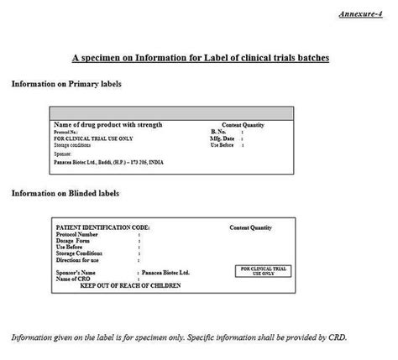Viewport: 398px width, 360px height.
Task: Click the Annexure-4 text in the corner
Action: pyautogui.click(x=364, y=15)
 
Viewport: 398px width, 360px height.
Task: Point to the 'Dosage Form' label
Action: pyautogui.click(x=74, y=241)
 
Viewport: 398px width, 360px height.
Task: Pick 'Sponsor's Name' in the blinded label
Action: pyautogui.click(x=78, y=273)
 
